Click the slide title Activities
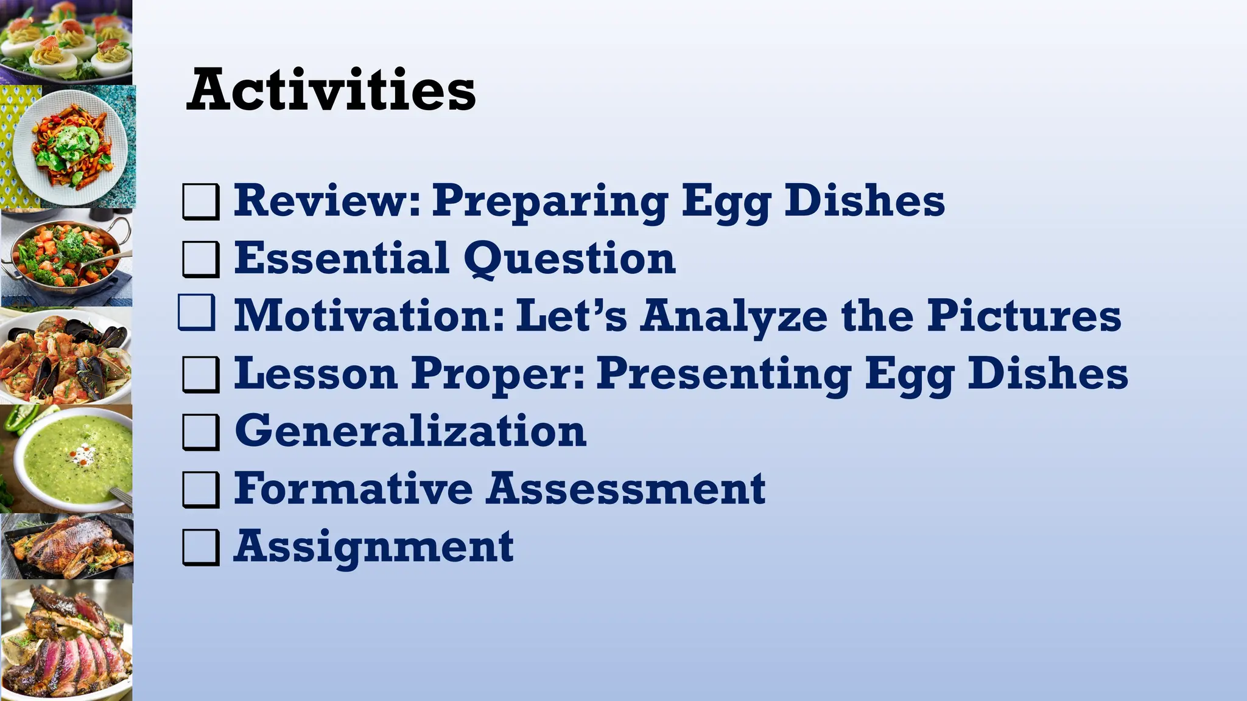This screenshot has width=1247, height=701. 331,90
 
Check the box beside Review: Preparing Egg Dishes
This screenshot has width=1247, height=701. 200,201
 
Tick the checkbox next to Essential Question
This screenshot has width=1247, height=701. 200,259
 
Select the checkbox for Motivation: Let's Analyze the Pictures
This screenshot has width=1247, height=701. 197,313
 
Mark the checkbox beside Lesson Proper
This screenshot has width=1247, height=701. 200,374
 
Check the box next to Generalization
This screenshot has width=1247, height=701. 200,432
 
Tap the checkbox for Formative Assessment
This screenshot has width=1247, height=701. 200,489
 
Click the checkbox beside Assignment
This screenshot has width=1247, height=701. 200,547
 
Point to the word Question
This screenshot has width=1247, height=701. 569,259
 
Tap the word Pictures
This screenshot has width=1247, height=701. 1024,315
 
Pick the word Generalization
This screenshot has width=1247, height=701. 410,430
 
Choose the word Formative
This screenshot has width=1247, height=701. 353,488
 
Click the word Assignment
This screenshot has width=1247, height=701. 373,546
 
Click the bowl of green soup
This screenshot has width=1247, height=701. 73,459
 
